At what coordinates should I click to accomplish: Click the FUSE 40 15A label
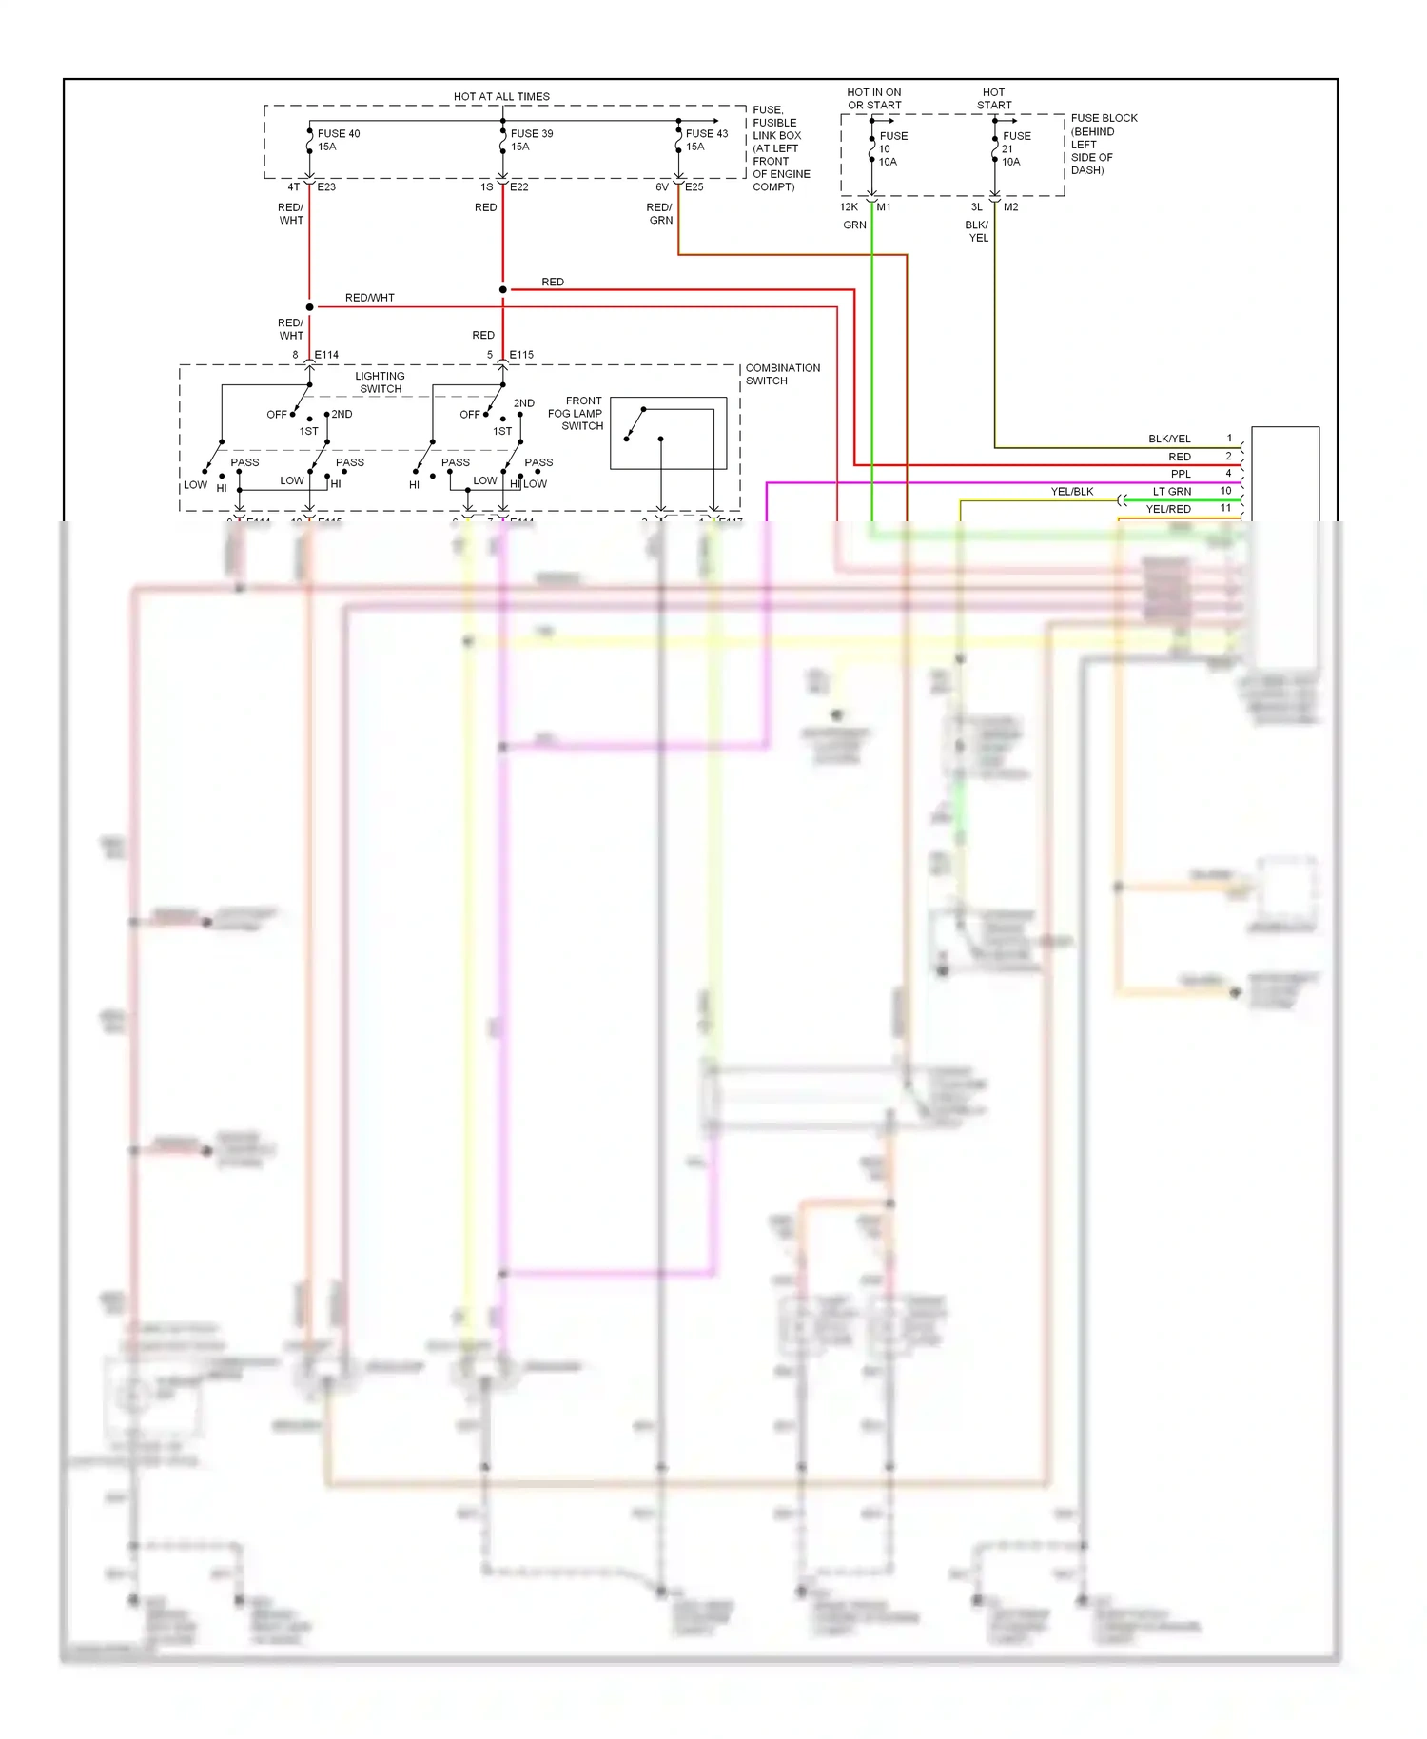[338, 140]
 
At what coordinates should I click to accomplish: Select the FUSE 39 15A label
[531, 140]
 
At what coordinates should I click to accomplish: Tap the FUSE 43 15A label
[706, 140]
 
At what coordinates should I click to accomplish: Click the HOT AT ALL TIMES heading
[501, 96]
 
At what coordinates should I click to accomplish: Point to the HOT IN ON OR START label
[874, 99]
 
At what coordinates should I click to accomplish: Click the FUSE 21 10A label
[1015, 148]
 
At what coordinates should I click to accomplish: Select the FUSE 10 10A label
[891, 148]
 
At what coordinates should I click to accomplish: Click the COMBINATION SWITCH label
[782, 374]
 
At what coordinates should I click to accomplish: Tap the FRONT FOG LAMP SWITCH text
[577, 413]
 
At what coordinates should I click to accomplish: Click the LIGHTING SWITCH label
[381, 381]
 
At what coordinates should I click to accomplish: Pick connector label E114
[326, 355]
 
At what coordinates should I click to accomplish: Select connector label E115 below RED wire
[521, 355]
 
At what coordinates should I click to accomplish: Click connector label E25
[694, 187]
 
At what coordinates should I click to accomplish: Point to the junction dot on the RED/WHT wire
[309, 307]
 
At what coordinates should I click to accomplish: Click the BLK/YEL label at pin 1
[1169, 439]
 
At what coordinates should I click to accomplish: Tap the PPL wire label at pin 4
[1181, 474]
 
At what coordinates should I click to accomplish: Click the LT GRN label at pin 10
[1172, 492]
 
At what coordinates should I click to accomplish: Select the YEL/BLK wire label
[1071, 492]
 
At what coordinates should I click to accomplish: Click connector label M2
[1010, 207]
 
